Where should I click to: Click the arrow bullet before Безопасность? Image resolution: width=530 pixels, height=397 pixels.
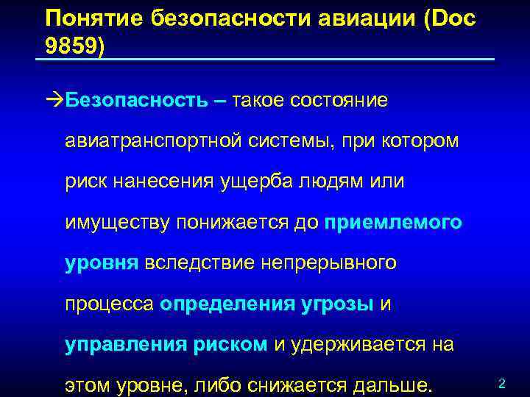[x=54, y=100]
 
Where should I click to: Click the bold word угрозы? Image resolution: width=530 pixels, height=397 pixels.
[x=338, y=304]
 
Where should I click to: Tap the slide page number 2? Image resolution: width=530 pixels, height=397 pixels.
[x=501, y=384]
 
